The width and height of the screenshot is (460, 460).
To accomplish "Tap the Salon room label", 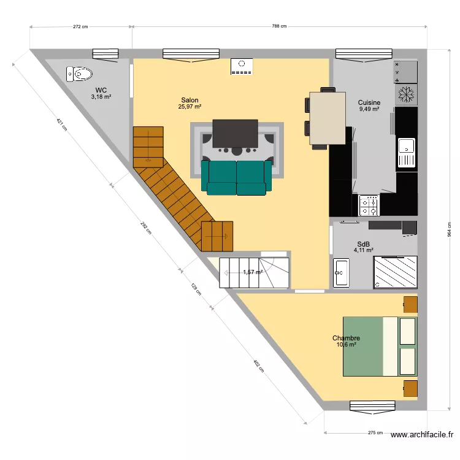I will click(190, 100).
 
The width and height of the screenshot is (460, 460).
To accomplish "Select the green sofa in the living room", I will click(237, 177).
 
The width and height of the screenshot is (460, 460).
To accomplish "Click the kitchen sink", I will click(405, 152).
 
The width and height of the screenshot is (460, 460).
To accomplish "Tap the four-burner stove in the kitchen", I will click(369, 205).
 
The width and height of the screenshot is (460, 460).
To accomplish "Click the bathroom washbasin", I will click(340, 273).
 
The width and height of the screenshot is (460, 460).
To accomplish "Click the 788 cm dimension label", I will click(280, 26).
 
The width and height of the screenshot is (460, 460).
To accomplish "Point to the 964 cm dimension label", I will click(448, 229).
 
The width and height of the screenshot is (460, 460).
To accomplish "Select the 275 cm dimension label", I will click(375, 433).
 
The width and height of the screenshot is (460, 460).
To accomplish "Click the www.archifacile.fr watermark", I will click(422, 435).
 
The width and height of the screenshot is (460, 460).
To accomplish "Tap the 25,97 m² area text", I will click(190, 107).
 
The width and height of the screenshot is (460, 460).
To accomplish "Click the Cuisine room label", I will click(369, 102).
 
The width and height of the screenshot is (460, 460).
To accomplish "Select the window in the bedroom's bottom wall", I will click(364, 405).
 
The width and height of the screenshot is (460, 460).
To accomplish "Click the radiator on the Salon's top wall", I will click(241, 66).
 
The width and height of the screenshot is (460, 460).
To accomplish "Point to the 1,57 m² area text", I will click(252, 272).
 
